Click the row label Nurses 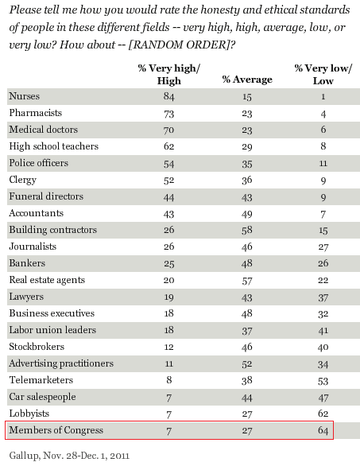tap(25, 96)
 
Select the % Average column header tap(247, 80)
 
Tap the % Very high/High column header tap(169, 74)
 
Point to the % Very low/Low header tap(323, 74)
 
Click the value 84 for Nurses tap(169, 96)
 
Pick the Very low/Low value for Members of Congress tap(323, 430)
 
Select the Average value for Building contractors tap(247, 230)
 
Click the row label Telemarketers tap(41, 380)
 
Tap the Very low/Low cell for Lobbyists tap(323, 414)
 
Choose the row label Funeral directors tap(46, 196)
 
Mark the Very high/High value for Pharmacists tap(169, 113)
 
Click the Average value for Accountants tap(247, 213)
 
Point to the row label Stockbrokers tap(37, 347)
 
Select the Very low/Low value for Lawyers tap(323, 297)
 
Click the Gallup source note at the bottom tap(69, 456)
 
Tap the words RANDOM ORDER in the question tap(178, 45)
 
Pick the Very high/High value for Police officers tap(169, 164)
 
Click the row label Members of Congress tap(56, 430)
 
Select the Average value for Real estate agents tap(247, 280)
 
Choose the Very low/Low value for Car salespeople tap(323, 398)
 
